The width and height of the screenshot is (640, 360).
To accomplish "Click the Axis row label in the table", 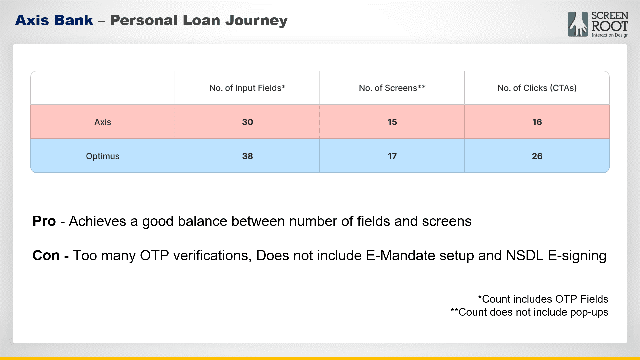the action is point(103,122).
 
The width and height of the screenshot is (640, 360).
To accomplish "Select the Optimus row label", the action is point(103,156).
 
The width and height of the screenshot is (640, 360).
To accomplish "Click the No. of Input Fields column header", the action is point(247,88).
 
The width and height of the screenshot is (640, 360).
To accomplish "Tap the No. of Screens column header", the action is point(392,88).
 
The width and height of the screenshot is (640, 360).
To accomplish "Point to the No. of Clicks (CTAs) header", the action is point(537,88).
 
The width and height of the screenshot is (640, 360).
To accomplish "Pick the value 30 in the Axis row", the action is point(247,122).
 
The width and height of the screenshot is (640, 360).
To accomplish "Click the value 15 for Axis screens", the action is point(392,122).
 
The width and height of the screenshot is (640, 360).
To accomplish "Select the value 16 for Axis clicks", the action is point(537,122).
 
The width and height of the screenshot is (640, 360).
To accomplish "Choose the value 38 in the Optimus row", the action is point(247,156).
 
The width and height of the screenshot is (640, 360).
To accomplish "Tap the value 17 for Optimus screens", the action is point(392,156).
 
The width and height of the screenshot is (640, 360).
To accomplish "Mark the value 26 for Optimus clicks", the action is point(537,156).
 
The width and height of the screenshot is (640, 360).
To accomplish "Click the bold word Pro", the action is point(44,221).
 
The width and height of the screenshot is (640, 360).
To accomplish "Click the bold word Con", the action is point(46,256).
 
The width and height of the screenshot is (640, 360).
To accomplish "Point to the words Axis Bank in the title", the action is point(54,20).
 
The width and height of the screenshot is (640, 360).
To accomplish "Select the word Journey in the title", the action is point(256,21).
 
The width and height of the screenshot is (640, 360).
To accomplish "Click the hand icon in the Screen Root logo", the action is point(578,24).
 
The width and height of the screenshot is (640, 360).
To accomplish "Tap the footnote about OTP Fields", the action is point(543,299).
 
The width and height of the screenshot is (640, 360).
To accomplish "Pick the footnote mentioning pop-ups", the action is point(529,312).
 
